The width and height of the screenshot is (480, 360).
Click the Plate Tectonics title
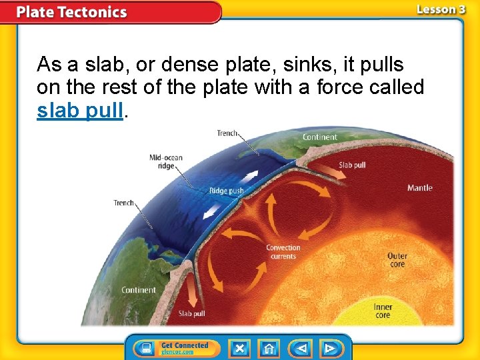pyautogui.click(x=71, y=12)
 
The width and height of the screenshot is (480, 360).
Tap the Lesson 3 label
pyautogui.click(x=441, y=9)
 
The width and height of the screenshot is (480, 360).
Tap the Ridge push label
pyautogui.click(x=227, y=191)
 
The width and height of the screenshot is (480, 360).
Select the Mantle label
pyautogui.click(x=419, y=188)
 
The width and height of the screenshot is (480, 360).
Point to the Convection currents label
pyautogui.click(x=283, y=252)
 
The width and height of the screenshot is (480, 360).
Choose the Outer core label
pyautogui.click(x=397, y=260)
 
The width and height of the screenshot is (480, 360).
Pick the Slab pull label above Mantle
pyautogui.click(x=352, y=165)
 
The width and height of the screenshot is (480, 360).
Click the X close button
pyautogui.click(x=240, y=348)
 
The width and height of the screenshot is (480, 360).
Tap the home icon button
pyautogui.click(x=269, y=348)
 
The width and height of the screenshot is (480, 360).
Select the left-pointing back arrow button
pyautogui.click(x=301, y=348)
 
